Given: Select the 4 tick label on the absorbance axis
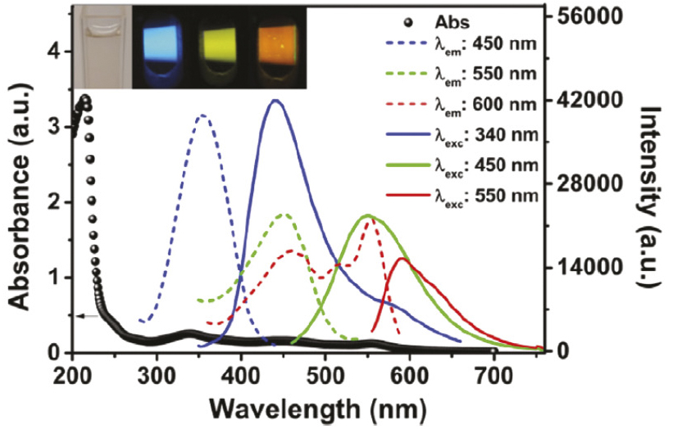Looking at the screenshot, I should tap(56, 52).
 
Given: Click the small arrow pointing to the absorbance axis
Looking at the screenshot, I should tap(86, 316).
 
